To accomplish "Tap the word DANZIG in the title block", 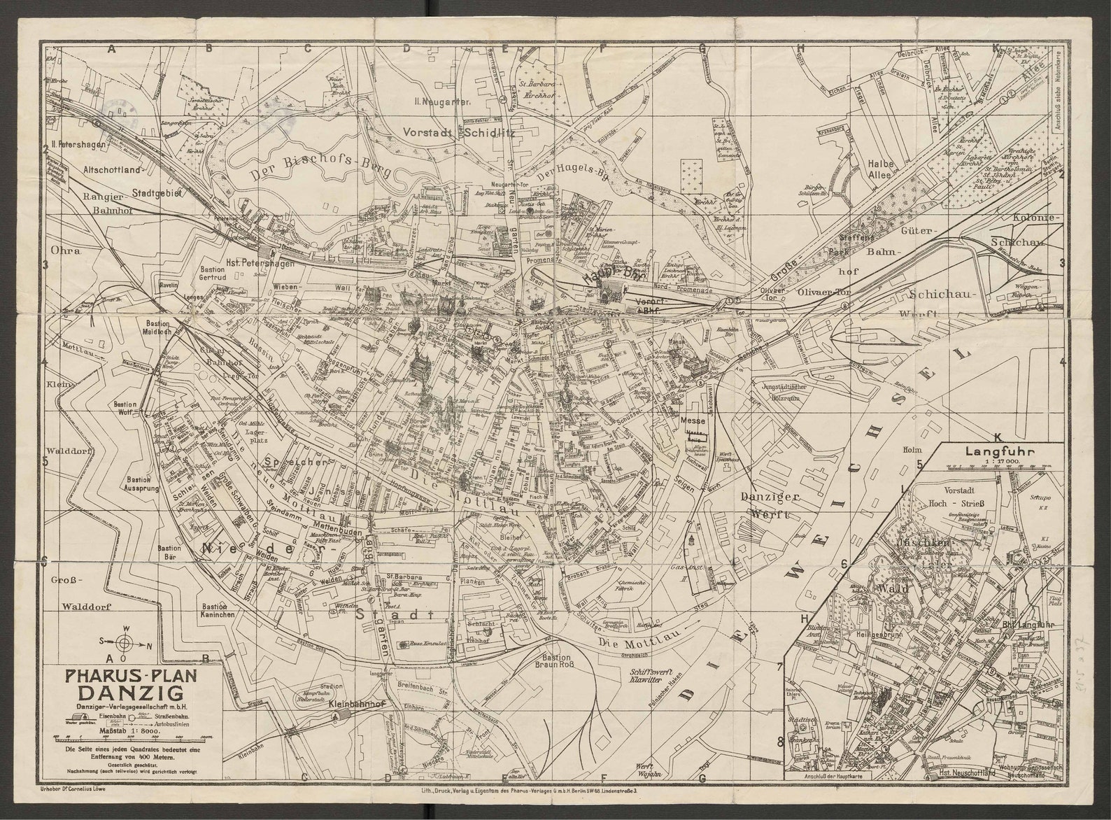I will (x=131, y=693).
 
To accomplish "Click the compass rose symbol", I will (x=123, y=641).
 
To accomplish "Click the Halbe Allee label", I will (x=882, y=168).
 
